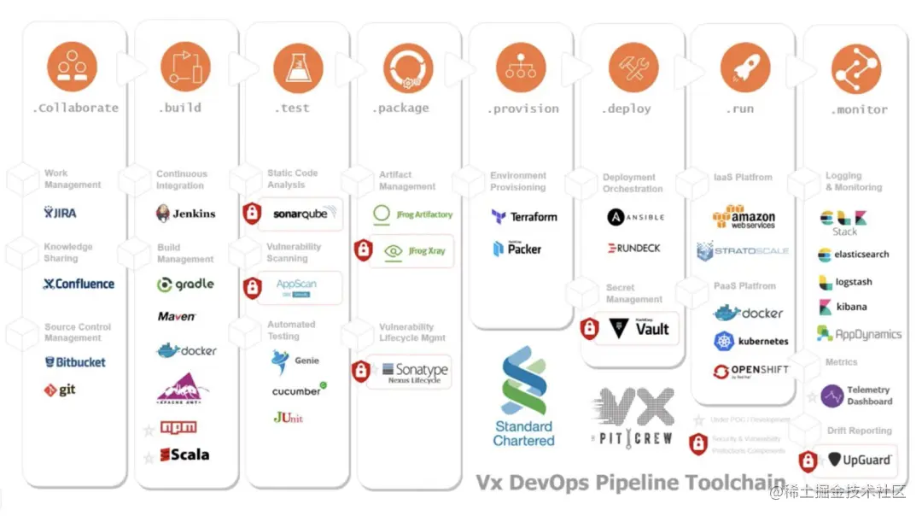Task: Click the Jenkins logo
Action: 185,214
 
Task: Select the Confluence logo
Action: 78,284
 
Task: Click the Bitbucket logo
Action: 75,361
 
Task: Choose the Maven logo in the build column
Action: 177,316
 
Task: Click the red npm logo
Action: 178,426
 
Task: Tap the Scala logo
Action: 184,454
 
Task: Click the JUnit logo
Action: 288,418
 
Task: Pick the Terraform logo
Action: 524,217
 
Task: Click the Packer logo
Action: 516,249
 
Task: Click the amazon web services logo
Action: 744,217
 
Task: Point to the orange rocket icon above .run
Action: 739,67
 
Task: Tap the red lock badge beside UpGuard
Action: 808,460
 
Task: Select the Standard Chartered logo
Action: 523,396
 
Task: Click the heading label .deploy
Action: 627,108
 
